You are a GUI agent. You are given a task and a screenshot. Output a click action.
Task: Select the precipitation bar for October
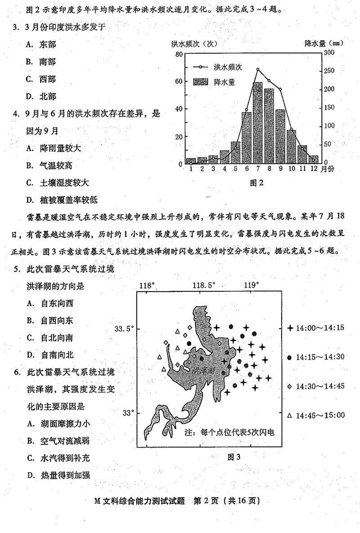point(292,146)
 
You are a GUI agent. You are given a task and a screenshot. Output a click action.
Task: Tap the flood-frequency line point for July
point(258,69)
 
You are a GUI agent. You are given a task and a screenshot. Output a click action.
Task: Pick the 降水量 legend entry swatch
point(201,82)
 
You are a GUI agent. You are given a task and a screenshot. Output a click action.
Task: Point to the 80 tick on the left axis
point(179,54)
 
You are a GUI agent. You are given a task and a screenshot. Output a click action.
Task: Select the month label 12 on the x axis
point(313,169)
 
